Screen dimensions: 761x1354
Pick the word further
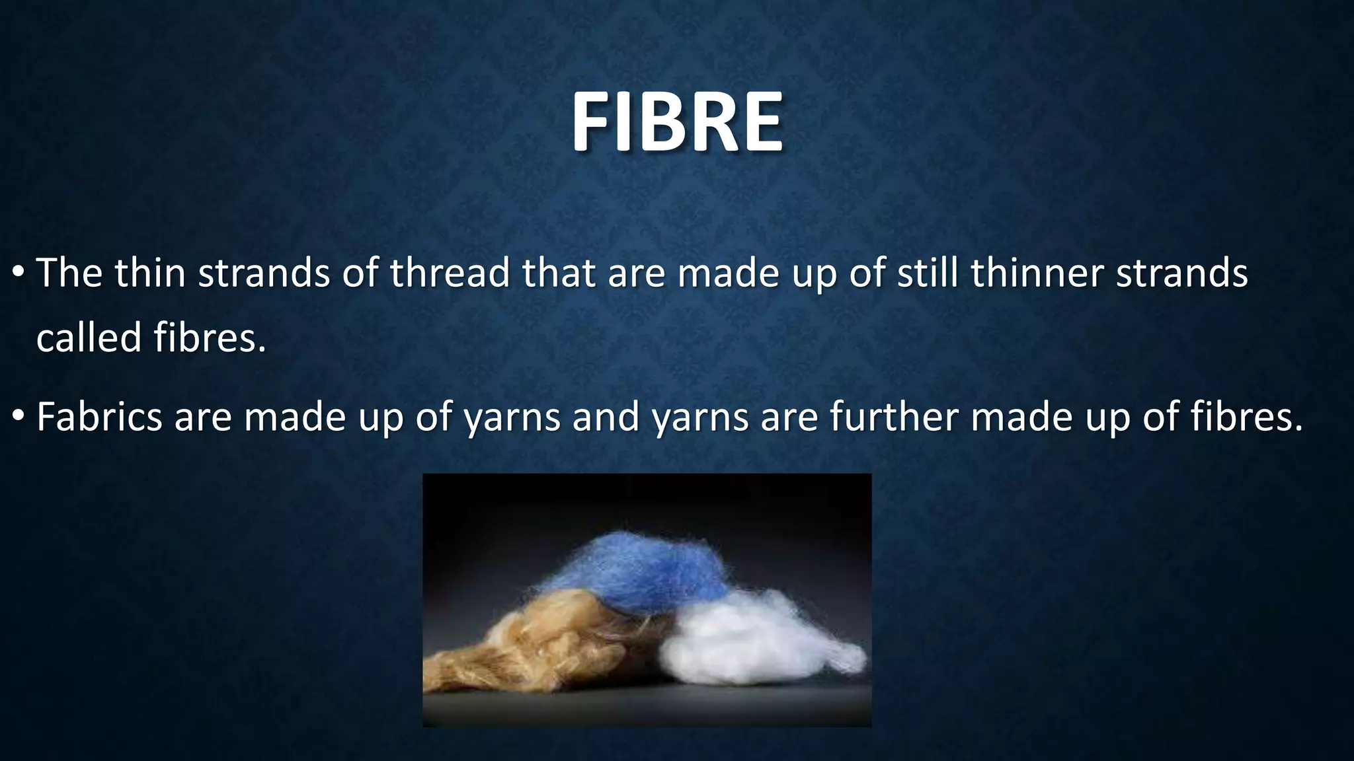point(893,417)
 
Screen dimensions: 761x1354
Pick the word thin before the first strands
point(150,273)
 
